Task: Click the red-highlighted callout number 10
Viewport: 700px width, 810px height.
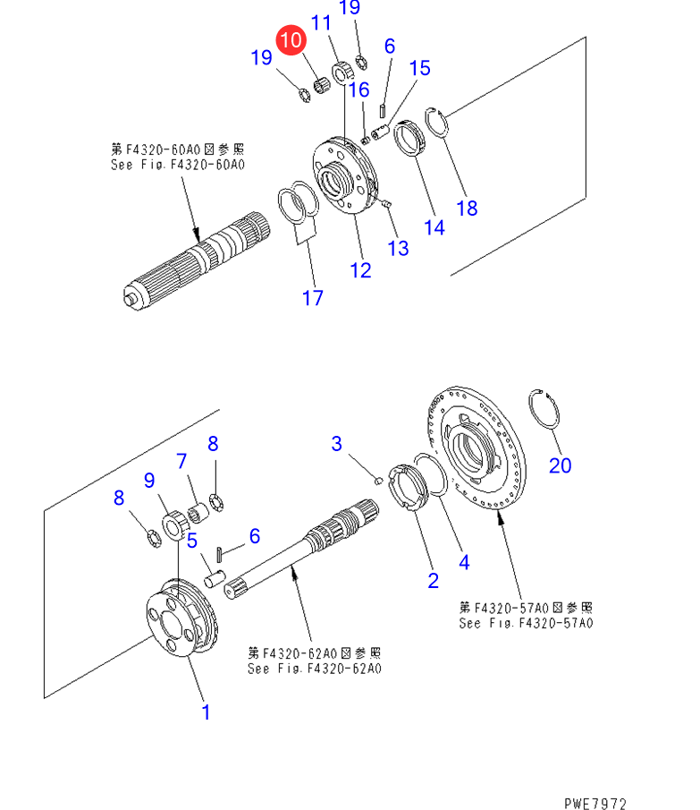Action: tap(291, 39)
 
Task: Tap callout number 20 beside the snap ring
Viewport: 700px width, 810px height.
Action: tap(560, 465)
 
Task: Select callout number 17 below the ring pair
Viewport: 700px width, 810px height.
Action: tap(313, 297)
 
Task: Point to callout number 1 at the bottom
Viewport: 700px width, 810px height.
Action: tap(207, 712)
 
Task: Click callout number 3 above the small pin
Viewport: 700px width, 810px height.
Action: tap(336, 443)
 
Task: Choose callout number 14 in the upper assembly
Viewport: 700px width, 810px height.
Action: tap(434, 227)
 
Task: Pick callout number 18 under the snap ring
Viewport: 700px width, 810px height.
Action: tap(467, 209)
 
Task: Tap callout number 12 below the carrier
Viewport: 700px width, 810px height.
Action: tap(360, 270)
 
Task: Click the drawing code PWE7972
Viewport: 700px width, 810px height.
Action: tap(595, 803)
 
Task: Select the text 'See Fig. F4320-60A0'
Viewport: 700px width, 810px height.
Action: tap(178, 165)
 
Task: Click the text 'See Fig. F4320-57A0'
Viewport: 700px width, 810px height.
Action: tap(527, 623)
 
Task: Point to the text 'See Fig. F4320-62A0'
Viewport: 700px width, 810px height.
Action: tap(315, 669)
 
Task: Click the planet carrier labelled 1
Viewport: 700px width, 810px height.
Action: tap(181, 618)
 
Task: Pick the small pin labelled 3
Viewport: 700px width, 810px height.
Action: tap(378, 481)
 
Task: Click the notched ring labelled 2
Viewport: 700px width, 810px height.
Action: tap(409, 487)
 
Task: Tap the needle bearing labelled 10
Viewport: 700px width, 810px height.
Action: tap(322, 85)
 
